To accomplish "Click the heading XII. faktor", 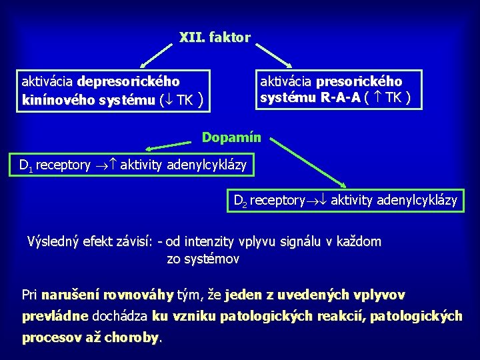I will (215, 37).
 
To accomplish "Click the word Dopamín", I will (233, 138).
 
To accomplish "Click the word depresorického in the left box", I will (129, 82).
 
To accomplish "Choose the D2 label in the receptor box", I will (240, 200).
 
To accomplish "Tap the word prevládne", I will (55, 316).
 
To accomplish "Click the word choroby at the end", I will (137, 337).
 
